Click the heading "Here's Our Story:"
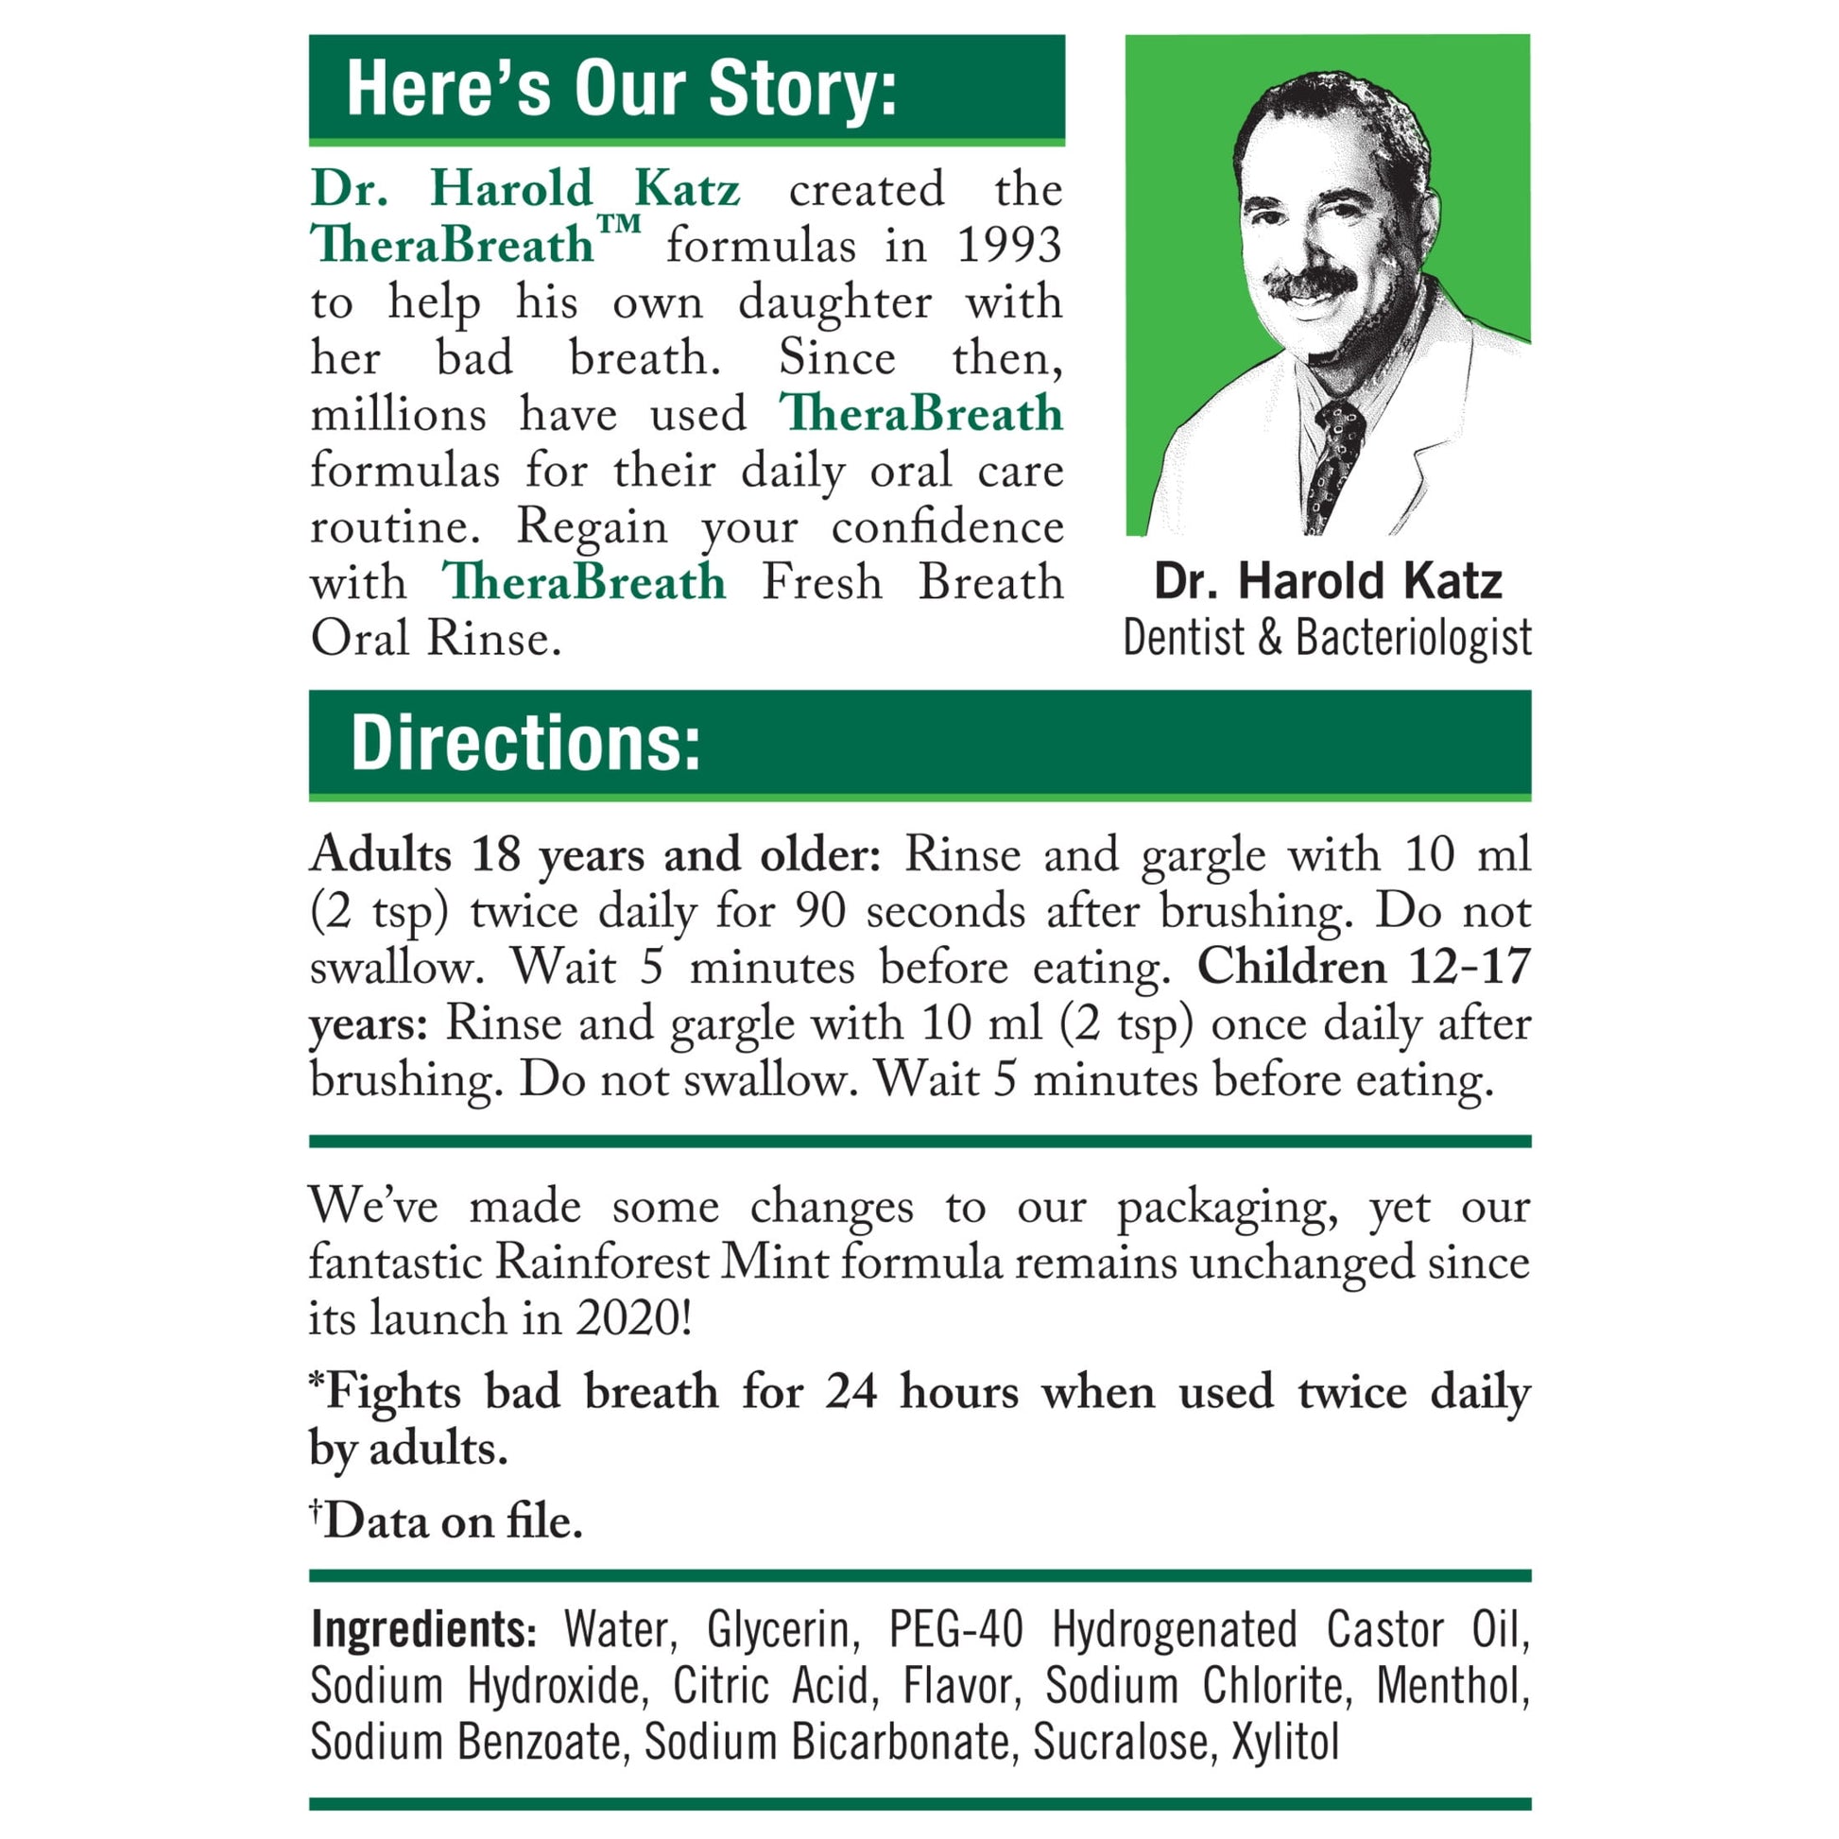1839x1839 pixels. pyautogui.click(x=621, y=89)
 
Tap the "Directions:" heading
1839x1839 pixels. pyautogui.click(x=525, y=744)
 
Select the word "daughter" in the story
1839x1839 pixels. pyautogui.click(x=834, y=302)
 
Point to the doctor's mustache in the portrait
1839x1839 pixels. pyautogui.click(x=1313, y=283)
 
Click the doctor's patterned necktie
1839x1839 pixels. pyautogui.click(x=1334, y=462)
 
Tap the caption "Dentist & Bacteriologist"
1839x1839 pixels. pyautogui.click(x=1327, y=638)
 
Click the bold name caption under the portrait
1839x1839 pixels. pyautogui.click(x=1327, y=580)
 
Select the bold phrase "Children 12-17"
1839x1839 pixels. pyautogui.click(x=1363, y=967)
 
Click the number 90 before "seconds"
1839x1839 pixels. pyautogui.click(x=819, y=911)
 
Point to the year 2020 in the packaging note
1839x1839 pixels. pyautogui.click(x=628, y=1318)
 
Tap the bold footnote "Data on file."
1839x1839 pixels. pyautogui.click(x=452, y=1522)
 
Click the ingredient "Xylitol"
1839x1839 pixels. pyautogui.click(x=1286, y=1742)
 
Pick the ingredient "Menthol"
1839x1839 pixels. pyautogui.click(x=1452, y=1686)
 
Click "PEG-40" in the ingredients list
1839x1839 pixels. pyautogui.click(x=955, y=1629)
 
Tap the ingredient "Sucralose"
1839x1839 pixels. pyautogui.click(x=1121, y=1742)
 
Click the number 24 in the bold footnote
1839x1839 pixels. pyautogui.click(x=850, y=1392)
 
